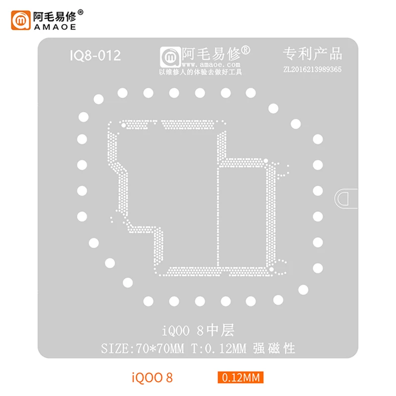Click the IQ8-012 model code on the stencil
(x=95, y=55)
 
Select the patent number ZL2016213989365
(x=311, y=70)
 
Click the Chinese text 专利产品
(x=312, y=53)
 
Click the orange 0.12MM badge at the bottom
(x=240, y=378)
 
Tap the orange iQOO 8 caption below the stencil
(x=153, y=378)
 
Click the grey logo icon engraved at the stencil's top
(x=169, y=56)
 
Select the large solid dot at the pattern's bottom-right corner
(x=271, y=268)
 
